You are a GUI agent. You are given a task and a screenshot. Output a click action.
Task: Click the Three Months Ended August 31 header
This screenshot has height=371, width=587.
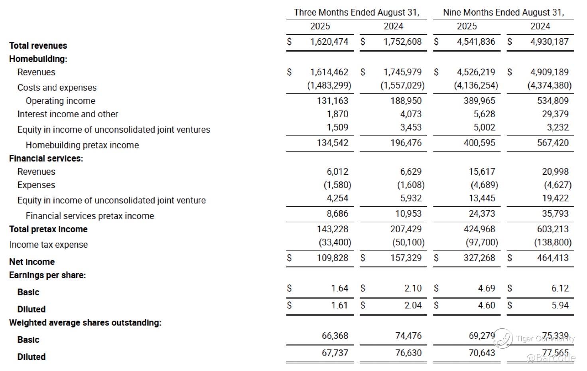(356, 12)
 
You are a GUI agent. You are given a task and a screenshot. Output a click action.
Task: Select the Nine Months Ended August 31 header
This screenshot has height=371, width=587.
(503, 12)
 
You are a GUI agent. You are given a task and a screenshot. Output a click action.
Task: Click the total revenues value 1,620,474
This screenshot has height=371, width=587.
(329, 42)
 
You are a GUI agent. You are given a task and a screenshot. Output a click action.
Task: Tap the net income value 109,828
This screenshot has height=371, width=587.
(332, 258)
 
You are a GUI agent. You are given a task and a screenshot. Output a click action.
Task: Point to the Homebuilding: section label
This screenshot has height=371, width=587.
(38, 59)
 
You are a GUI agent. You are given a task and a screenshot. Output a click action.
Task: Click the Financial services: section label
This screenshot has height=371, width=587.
(46, 158)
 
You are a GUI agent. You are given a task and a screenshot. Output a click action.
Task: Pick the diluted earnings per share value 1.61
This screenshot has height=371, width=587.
(339, 306)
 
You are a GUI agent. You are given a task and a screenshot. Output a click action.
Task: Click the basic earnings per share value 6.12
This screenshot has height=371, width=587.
(560, 288)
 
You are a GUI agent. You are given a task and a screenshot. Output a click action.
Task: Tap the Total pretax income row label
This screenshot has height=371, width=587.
(48, 229)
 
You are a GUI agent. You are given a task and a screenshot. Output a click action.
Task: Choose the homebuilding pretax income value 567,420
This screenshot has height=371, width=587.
(553, 143)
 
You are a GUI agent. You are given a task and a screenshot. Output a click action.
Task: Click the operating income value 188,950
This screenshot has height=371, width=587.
(406, 101)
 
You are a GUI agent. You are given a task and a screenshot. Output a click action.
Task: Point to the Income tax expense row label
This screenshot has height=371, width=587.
(48, 245)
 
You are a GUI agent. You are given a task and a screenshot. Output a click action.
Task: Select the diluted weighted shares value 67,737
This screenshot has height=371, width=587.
(335, 353)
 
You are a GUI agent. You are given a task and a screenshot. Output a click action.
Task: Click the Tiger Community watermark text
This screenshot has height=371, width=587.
(545, 339)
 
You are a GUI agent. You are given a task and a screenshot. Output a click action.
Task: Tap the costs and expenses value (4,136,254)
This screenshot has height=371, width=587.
(476, 85)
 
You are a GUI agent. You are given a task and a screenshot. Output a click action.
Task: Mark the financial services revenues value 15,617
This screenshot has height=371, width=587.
(482, 172)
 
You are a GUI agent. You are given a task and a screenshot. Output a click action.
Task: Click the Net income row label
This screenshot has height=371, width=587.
(32, 262)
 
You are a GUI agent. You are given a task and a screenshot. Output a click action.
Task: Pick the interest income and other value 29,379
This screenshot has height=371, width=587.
(555, 114)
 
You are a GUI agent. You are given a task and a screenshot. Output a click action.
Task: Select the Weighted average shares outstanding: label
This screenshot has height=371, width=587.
(85, 323)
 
